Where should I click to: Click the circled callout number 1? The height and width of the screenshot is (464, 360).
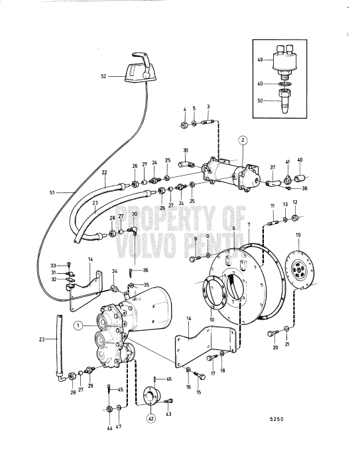click(x=78, y=325)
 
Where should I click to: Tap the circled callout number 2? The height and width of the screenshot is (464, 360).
click(x=242, y=141)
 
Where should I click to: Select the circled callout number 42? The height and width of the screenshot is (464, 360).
click(x=151, y=418)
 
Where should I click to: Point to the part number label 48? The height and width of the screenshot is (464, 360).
click(x=261, y=60)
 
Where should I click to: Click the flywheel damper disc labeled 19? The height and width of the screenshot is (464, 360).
click(x=299, y=268)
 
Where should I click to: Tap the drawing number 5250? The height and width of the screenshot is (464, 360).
click(x=276, y=419)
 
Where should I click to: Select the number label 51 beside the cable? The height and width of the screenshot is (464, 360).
click(x=52, y=193)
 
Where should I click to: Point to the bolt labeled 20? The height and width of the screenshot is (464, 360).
click(x=272, y=334)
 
